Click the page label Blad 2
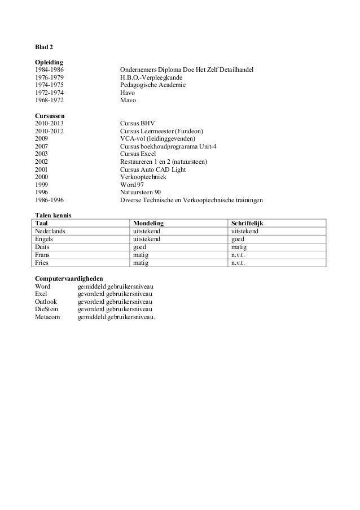tap(45, 46)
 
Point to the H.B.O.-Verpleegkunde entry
tap(151, 77)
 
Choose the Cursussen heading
tap(51, 115)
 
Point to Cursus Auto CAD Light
tap(153, 169)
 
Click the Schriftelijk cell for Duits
tap(239, 247)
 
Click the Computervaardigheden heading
tap(69, 278)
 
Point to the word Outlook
tap(46, 302)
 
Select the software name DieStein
tap(47, 309)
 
